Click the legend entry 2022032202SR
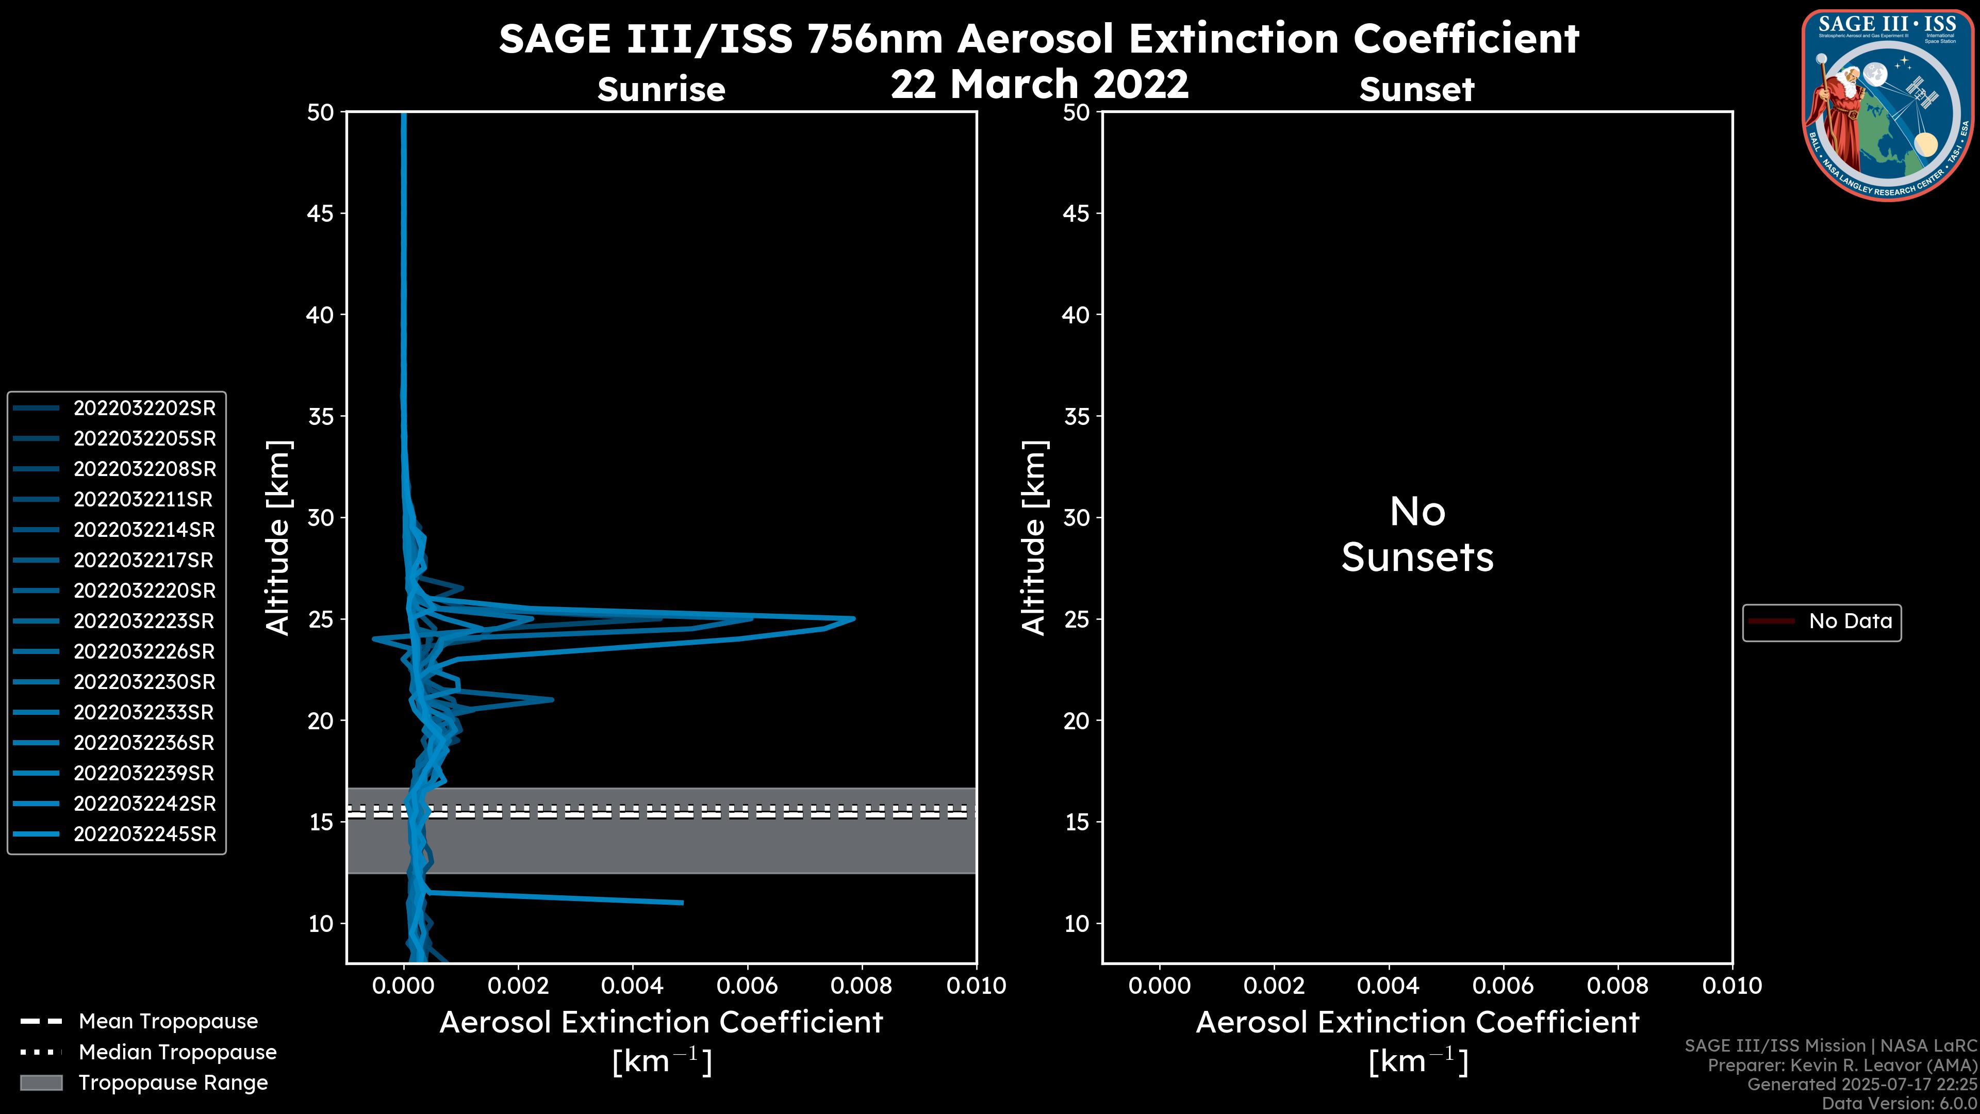tap(144, 408)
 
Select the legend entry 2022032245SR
tap(144, 834)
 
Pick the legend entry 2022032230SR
tap(144, 682)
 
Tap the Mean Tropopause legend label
tap(168, 1022)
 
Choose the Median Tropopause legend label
tap(177, 1053)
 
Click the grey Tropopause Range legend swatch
tap(41, 1083)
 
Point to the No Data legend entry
tap(1850, 621)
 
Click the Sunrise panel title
tap(661, 90)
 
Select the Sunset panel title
tap(1416, 90)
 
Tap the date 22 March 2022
tap(1039, 84)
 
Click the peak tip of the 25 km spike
tap(853, 618)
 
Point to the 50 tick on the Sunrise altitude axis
tap(321, 113)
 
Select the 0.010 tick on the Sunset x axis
tap(1732, 986)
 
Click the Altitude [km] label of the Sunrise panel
tap(277, 537)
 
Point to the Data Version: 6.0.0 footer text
tap(1899, 1103)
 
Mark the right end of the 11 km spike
tap(682, 903)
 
